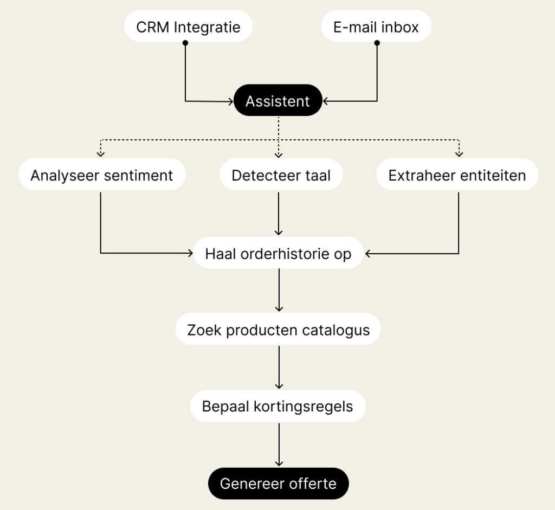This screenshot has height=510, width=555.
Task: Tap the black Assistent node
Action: click(277, 101)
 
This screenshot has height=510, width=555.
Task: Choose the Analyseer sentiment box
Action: click(101, 175)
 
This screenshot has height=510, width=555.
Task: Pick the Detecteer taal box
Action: click(281, 175)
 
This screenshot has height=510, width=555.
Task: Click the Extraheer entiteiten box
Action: click(457, 175)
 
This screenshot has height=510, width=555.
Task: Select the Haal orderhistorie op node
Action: click(278, 253)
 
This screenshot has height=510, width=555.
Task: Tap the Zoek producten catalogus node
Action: click(278, 330)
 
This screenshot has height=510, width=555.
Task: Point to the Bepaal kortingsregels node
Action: click(277, 406)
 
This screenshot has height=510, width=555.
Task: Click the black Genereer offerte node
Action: click(278, 483)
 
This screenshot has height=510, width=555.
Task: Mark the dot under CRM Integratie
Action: click(185, 43)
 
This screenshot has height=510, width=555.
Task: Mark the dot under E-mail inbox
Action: click(377, 43)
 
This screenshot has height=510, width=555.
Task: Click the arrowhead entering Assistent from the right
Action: click(326, 101)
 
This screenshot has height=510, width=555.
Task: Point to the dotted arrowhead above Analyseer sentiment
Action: click(100, 154)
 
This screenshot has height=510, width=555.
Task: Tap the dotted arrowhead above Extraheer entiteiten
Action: click(459, 154)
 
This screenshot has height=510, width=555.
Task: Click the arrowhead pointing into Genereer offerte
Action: click(279, 463)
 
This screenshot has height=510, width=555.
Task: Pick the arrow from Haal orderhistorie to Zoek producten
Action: click(279, 290)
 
